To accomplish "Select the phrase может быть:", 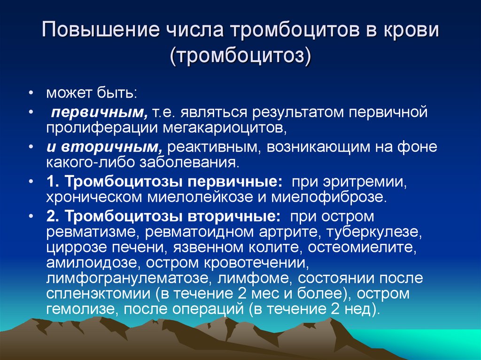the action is click(x=91, y=93).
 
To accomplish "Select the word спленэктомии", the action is click(x=93, y=294).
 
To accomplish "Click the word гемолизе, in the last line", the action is click(x=76, y=310).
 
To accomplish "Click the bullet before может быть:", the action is click(x=31, y=93).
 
